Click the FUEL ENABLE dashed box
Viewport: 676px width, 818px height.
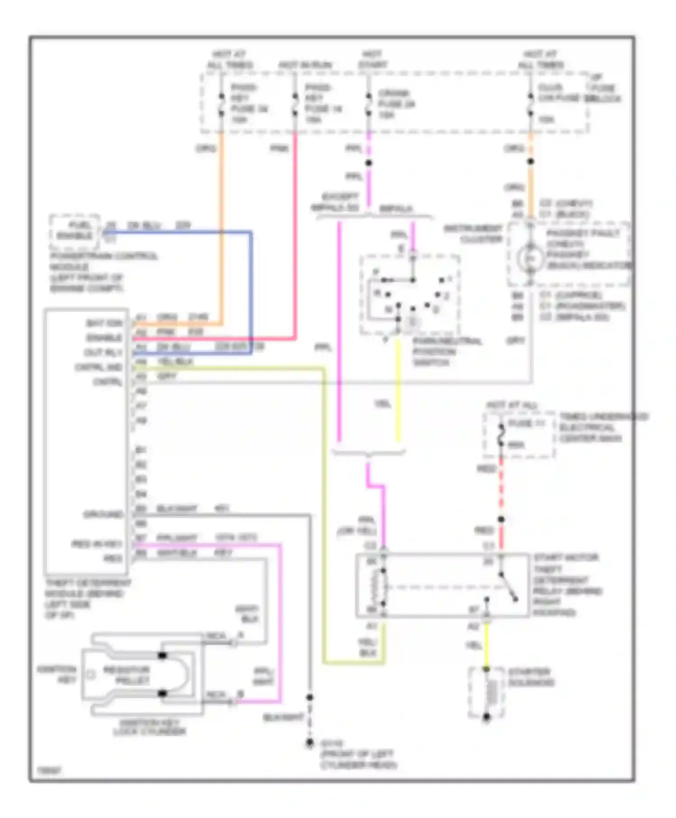click(x=74, y=231)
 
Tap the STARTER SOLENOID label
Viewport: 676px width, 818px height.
click(x=531, y=677)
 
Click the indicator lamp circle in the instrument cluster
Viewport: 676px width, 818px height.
click(x=530, y=257)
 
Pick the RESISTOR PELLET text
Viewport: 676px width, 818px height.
click(x=127, y=675)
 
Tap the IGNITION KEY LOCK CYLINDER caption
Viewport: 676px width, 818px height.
click(x=150, y=727)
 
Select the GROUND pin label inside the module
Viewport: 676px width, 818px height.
click(x=103, y=514)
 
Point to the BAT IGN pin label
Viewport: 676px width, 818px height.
click(x=105, y=323)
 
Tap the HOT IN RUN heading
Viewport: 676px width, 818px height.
click(x=305, y=65)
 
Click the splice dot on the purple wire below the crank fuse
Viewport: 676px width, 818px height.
click(x=369, y=163)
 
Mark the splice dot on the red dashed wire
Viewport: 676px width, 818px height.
click(x=501, y=519)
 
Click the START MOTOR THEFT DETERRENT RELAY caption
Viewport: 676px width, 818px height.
click(x=567, y=584)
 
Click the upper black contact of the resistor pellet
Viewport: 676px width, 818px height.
click(x=162, y=655)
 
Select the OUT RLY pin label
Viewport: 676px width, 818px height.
click(x=103, y=352)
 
